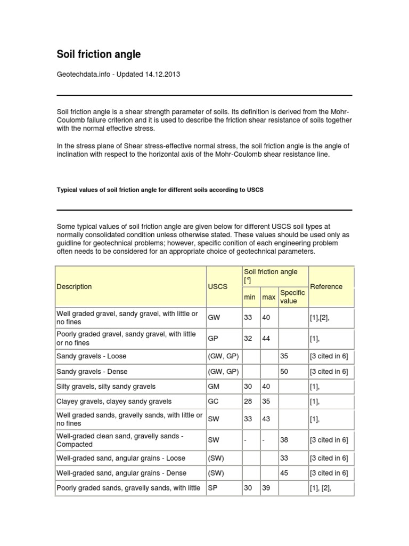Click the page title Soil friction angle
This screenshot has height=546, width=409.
click(x=99, y=54)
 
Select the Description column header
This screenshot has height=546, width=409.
click(x=74, y=287)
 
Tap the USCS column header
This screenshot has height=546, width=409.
click(x=217, y=287)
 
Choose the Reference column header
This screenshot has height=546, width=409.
click(x=326, y=287)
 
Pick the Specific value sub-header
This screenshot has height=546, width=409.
click(x=292, y=297)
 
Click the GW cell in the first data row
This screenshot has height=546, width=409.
click(x=214, y=317)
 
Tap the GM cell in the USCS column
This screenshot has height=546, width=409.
click(x=214, y=387)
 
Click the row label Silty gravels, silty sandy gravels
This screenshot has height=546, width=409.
click(x=106, y=387)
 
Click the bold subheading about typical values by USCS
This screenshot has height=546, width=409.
click(x=160, y=190)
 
